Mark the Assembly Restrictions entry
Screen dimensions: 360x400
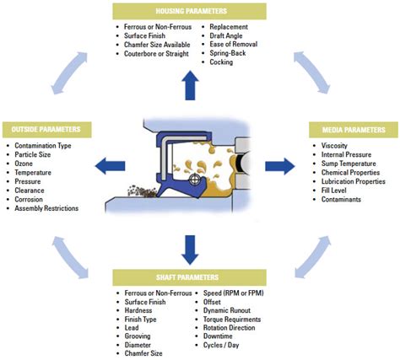pyautogui.click(x=47, y=208)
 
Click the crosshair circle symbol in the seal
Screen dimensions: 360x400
pyautogui.click(x=196, y=180)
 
